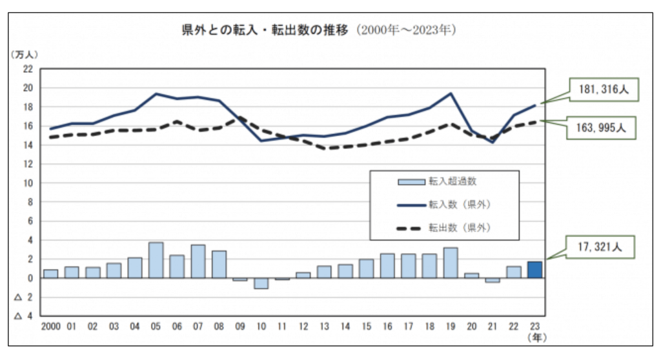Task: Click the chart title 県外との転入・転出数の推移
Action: coord(265,30)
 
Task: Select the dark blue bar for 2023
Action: coord(534,270)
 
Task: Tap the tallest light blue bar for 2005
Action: coord(156,260)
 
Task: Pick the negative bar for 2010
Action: coord(261,283)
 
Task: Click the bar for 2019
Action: coord(451,263)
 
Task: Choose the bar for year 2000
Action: coord(51,274)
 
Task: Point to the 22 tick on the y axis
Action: coord(28,68)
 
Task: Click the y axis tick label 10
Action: coord(28,183)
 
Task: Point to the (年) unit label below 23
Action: coord(534,337)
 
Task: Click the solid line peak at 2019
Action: coord(451,93)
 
